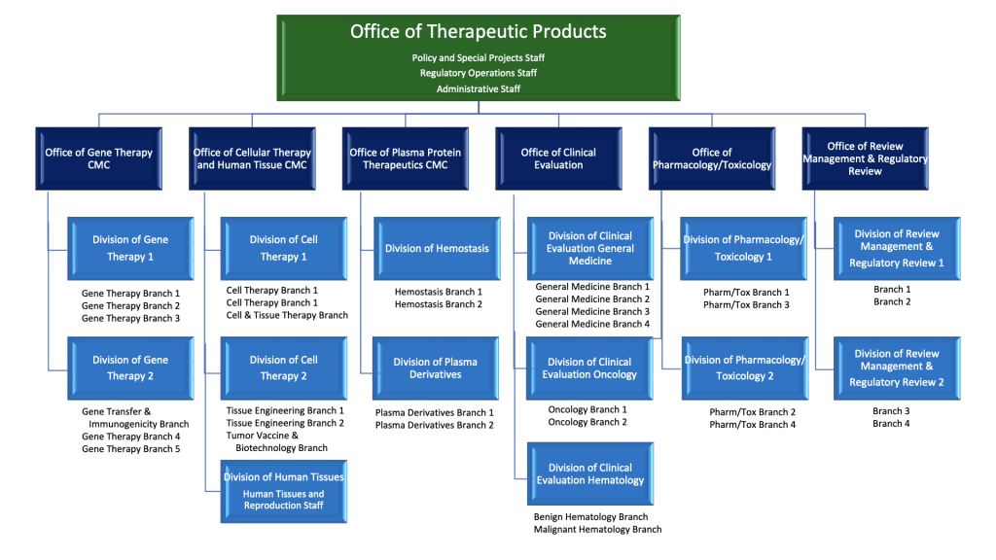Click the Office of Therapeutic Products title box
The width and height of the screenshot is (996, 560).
click(x=478, y=32)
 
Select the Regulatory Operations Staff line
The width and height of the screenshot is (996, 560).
click(x=478, y=73)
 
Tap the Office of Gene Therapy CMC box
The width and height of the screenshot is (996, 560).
click(x=98, y=158)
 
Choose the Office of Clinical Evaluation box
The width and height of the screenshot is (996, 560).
click(x=558, y=158)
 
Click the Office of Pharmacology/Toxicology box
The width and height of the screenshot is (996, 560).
click(x=712, y=158)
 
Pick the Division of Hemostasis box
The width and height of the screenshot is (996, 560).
click(x=437, y=248)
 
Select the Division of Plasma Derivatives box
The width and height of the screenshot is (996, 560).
click(x=437, y=368)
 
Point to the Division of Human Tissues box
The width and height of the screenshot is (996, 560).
click(x=284, y=491)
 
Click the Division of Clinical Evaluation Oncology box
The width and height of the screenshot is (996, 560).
click(x=589, y=368)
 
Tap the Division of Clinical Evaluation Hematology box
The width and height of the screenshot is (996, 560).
click(x=589, y=473)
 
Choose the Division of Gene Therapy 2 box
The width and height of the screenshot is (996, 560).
click(x=130, y=367)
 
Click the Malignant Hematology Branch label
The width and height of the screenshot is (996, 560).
click(x=597, y=530)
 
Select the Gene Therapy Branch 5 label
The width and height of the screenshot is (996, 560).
click(x=130, y=449)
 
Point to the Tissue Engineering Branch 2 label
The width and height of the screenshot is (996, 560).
click(x=285, y=423)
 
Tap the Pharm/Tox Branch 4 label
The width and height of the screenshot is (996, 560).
click(x=752, y=425)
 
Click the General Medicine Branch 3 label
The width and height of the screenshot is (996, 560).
click(x=592, y=312)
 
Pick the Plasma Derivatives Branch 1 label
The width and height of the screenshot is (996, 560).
click(x=435, y=413)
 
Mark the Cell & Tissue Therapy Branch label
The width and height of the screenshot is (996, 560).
click(x=287, y=315)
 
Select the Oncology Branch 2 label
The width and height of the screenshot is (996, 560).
click(x=587, y=422)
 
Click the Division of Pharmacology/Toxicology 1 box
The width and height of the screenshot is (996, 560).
click(x=744, y=248)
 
